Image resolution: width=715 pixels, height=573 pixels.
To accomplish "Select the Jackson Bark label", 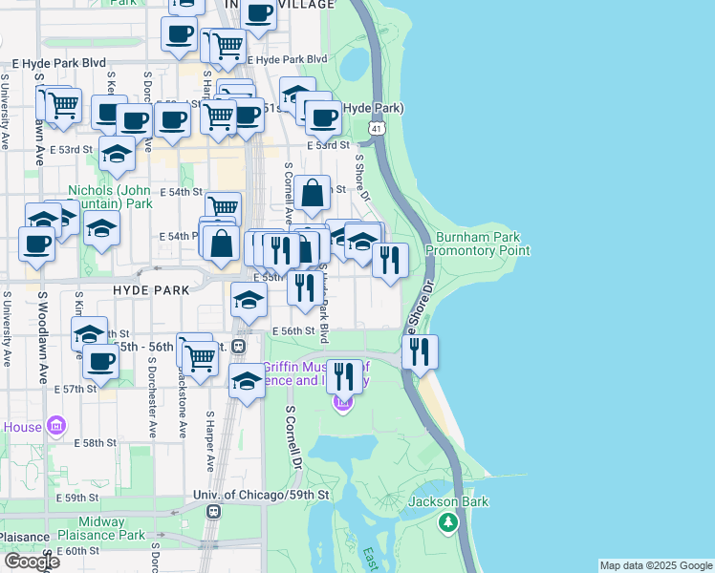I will point(448,502).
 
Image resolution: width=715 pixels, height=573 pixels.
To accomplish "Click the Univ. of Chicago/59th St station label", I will point(260,495).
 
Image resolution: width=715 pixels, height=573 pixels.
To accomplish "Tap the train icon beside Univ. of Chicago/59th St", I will point(213,511).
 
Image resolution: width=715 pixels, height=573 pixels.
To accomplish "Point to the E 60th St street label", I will point(77,551).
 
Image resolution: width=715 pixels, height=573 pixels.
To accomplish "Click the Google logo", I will point(31,562).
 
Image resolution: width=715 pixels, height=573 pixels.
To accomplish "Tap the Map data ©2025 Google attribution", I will point(655,565).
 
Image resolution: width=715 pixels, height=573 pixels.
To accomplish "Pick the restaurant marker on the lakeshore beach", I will point(420,352).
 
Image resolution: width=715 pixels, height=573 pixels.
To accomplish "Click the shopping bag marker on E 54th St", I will point(313,194).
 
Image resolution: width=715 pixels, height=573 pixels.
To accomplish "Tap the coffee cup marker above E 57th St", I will point(100,362).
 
